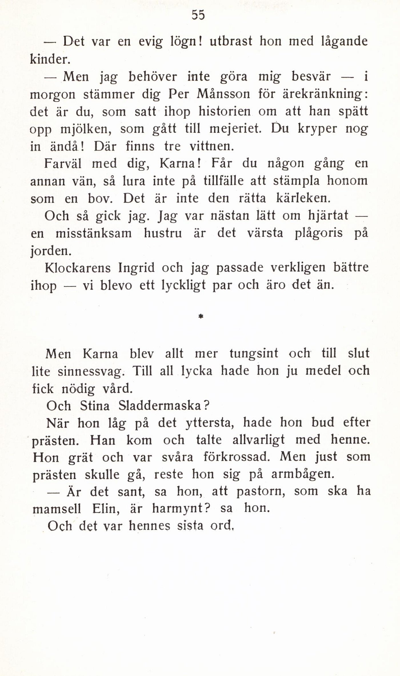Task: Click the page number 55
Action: [x=198, y=15]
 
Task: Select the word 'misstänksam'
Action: [x=93, y=234]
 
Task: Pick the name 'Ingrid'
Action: [x=136, y=268]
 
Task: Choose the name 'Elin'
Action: [x=102, y=509]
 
